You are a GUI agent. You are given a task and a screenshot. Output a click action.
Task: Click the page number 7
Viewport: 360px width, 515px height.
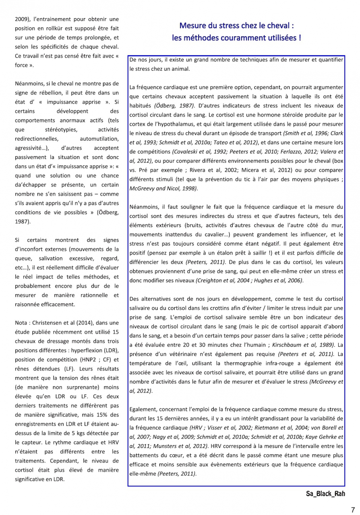(x=353, y=509)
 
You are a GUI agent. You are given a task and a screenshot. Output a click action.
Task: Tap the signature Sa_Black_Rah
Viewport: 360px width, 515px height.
(x=325, y=494)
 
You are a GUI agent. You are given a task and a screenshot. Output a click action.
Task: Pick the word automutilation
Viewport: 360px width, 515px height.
(x=99, y=139)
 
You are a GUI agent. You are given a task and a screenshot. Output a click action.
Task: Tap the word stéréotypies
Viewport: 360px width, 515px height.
(x=61, y=130)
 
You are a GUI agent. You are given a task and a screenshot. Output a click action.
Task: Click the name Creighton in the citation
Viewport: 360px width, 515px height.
(x=211, y=280)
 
